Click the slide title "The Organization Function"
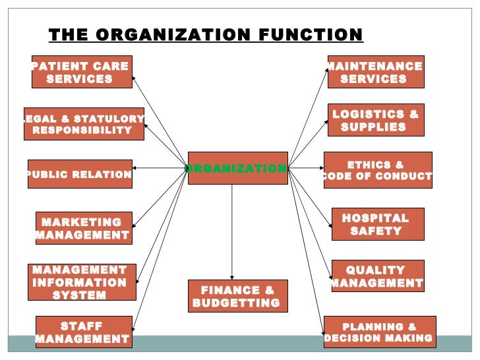click(x=206, y=35)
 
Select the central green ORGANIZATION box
click(x=237, y=168)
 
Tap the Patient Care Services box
click(x=80, y=72)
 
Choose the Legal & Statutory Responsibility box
click(x=84, y=124)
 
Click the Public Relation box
click(x=80, y=174)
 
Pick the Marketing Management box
click(x=83, y=228)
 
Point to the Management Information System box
click(x=82, y=282)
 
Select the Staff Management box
click(x=82, y=332)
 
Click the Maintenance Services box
click(x=375, y=72)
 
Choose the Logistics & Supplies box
click(x=375, y=120)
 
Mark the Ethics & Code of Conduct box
click(x=377, y=170)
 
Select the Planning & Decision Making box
click(x=379, y=332)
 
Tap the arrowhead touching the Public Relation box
click(x=136, y=167)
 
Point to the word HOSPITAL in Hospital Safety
click(x=375, y=218)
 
